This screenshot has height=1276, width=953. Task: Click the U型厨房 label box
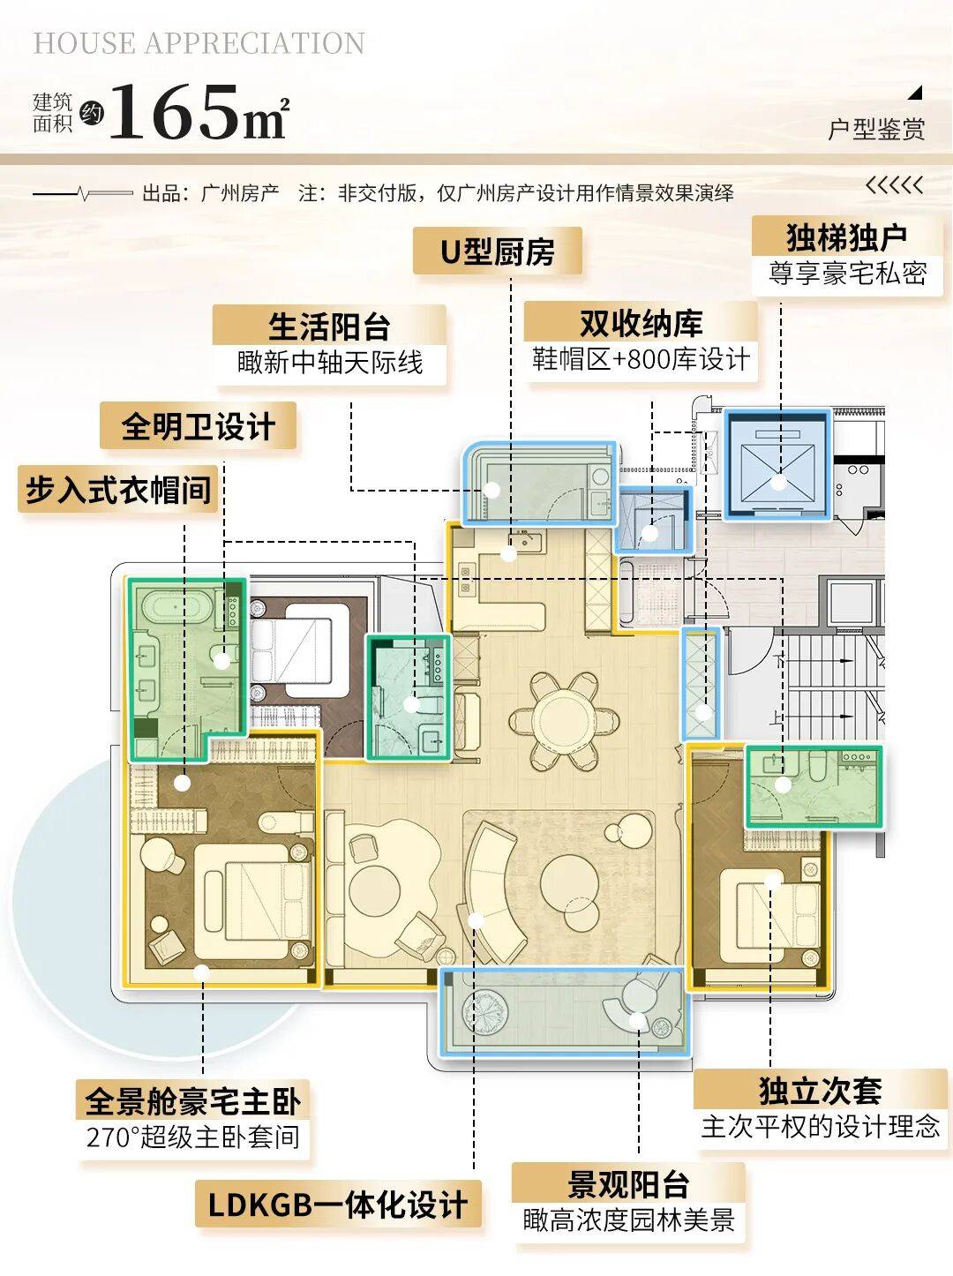coord(498,251)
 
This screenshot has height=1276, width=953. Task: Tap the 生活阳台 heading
coord(329,327)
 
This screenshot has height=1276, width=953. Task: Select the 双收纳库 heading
coord(641,323)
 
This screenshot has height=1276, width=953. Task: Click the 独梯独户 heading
coord(846,236)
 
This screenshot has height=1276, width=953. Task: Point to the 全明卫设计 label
coord(199,426)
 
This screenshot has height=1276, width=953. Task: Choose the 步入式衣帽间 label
coord(118,489)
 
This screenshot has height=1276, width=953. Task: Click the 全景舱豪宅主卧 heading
coord(193,1100)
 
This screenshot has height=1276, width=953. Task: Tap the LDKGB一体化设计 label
coord(338,1204)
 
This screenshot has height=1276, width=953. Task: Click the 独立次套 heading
coord(821,1090)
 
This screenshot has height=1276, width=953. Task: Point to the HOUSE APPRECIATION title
coord(199,43)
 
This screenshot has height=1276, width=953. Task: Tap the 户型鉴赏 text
coord(876,129)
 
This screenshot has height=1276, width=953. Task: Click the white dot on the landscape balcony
coord(637,1021)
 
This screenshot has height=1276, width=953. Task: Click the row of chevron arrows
coord(894,185)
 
